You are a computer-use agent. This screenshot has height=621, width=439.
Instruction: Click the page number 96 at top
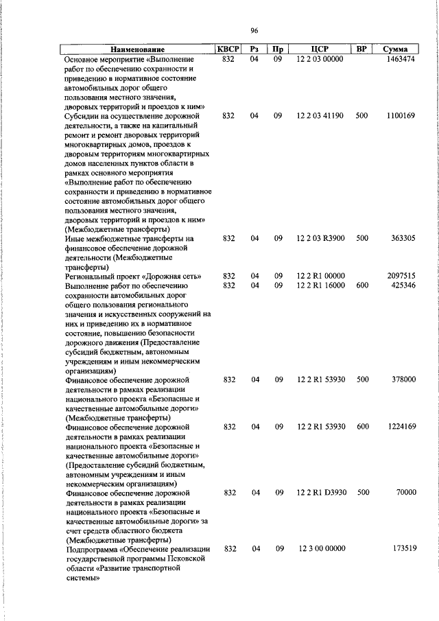254,32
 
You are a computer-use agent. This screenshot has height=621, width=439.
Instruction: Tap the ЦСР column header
320,49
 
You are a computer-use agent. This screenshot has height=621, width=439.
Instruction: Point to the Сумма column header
395,49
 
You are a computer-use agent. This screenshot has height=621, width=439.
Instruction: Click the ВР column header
361,49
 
